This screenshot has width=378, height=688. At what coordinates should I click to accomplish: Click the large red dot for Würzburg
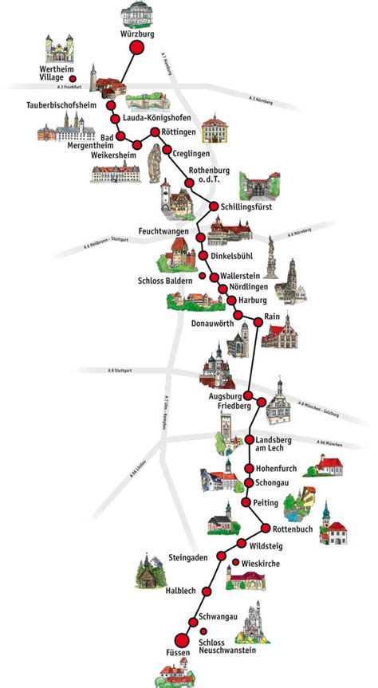(x=136, y=48)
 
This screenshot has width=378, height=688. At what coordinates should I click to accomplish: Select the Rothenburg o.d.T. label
(x=209, y=175)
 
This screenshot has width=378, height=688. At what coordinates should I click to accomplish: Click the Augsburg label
(x=224, y=395)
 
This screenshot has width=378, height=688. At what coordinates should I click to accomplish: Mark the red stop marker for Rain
(x=258, y=321)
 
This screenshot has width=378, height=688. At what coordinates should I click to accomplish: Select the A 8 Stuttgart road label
(x=124, y=370)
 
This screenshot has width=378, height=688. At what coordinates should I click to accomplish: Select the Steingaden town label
(x=189, y=557)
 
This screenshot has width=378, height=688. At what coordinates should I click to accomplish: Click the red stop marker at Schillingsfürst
(x=214, y=206)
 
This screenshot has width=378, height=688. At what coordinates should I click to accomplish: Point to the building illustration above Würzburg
(x=136, y=14)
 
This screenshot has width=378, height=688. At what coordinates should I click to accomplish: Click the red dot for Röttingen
(x=155, y=132)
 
